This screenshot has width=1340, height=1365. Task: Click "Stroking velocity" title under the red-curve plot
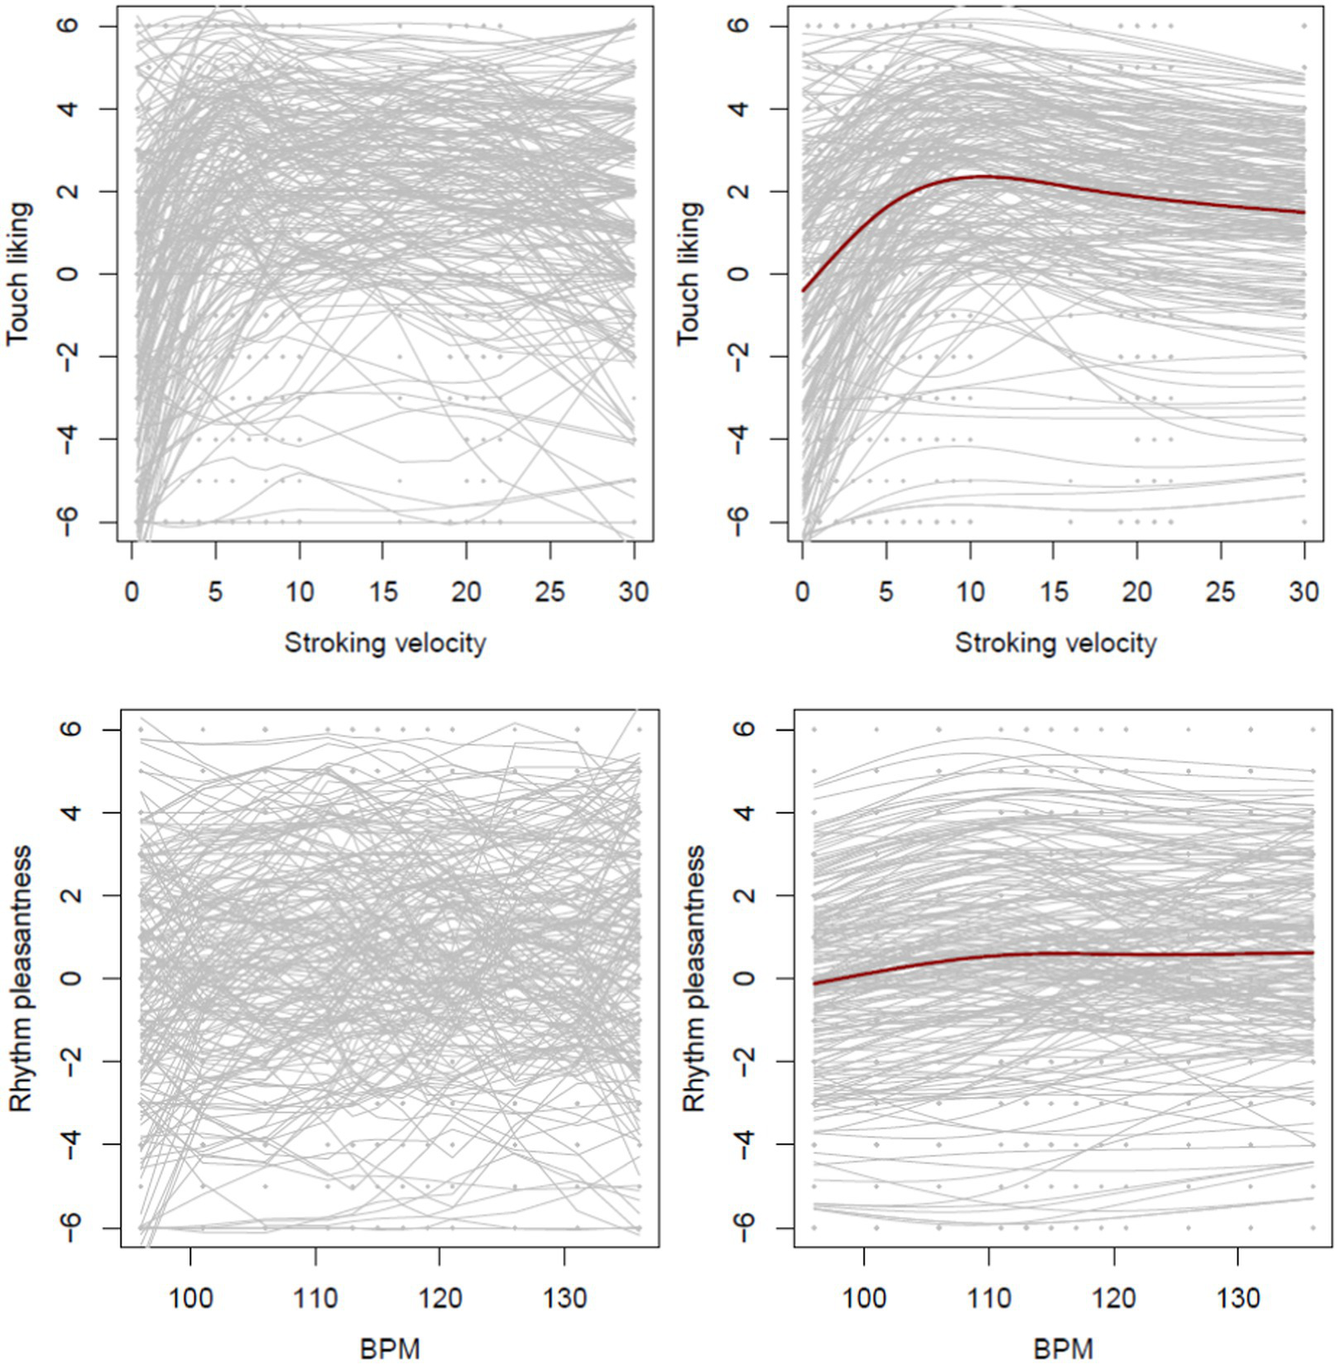1055,643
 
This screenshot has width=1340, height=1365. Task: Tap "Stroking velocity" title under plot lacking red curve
385,643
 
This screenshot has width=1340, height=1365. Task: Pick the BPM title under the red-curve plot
1062,1348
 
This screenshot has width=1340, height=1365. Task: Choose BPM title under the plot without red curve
389,1348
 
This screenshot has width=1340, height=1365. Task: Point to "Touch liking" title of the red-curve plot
689,273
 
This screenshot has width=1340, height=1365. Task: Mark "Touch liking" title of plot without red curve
18,273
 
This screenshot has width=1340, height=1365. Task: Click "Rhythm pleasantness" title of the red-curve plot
693,977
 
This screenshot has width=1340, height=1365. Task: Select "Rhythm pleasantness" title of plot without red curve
20,977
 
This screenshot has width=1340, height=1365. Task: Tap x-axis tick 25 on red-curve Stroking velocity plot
1220,592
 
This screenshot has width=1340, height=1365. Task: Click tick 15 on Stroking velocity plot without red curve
382,592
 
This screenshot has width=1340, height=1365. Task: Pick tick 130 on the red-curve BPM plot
1238,1298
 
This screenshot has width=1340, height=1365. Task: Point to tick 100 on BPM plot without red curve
190,1298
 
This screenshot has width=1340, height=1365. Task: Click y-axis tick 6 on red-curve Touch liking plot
739,25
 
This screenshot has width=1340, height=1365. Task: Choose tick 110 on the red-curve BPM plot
989,1298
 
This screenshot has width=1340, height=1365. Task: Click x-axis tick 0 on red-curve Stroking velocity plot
802,592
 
